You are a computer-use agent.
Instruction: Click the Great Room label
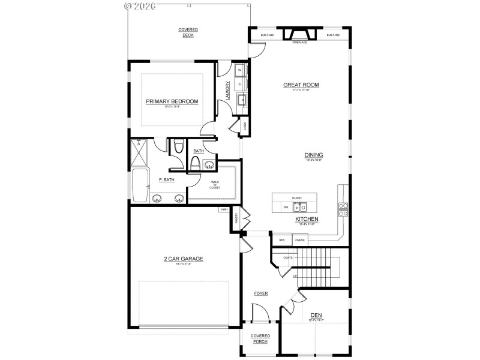tap(301, 85)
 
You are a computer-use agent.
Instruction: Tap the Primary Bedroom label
tap(172, 101)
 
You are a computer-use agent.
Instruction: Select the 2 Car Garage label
tap(184, 259)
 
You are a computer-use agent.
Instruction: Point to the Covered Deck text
tap(188, 32)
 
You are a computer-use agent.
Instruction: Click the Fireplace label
tap(299, 43)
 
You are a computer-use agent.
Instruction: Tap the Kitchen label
tap(306, 220)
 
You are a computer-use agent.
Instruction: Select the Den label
tap(316, 314)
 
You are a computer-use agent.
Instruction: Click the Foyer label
tap(260, 293)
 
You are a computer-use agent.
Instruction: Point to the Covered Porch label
tap(260, 339)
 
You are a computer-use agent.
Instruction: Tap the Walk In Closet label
tap(214, 185)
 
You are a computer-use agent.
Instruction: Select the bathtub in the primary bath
tap(139, 185)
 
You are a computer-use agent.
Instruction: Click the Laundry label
tap(227, 91)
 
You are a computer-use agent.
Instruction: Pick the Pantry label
tap(236, 220)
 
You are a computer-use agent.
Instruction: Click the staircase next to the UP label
tap(315, 267)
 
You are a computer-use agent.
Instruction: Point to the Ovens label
tap(300, 240)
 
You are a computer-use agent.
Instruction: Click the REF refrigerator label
tap(281, 240)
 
